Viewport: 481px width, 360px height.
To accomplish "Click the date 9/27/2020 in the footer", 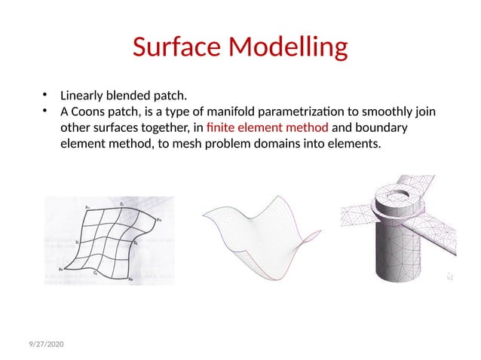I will (42, 344).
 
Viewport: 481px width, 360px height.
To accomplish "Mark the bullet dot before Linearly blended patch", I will (45, 95).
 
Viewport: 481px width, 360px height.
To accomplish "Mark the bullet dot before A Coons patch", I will (45, 111).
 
